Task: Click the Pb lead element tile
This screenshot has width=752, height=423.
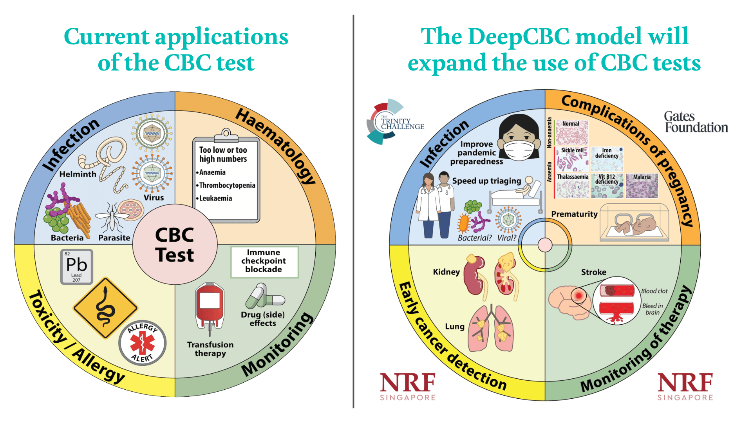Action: point(77,267)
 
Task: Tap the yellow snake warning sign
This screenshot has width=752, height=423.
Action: point(105,308)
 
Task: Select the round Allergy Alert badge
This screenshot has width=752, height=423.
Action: point(142,343)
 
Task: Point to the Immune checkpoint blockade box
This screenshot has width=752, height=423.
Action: point(264,261)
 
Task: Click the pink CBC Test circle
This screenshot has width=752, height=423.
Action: point(175,244)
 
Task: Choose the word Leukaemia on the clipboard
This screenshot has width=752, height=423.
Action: point(215,198)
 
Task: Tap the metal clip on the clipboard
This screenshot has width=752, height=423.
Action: point(226,135)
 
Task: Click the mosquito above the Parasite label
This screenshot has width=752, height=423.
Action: point(112,218)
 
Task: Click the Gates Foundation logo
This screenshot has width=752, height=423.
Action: point(696,122)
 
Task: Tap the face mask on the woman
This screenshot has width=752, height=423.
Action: point(518,150)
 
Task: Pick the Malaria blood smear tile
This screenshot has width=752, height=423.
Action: point(642,186)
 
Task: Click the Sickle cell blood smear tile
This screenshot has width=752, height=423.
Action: point(573,159)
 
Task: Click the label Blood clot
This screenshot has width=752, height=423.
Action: point(654,291)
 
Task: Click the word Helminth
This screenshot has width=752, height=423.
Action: point(78,174)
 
